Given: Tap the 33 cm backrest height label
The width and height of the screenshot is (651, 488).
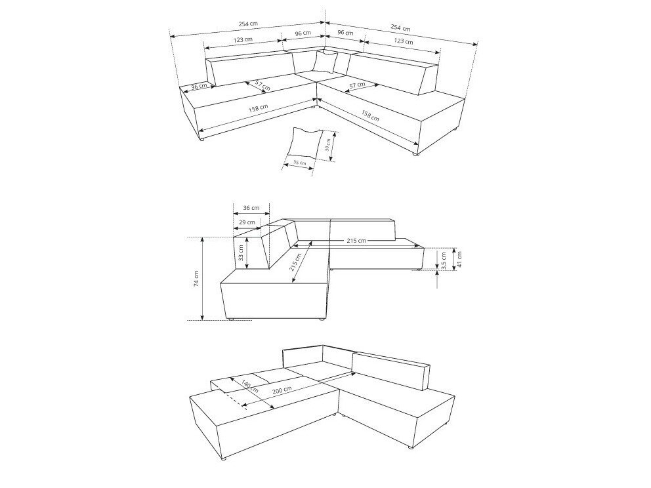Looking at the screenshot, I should pyautogui.click(x=241, y=253).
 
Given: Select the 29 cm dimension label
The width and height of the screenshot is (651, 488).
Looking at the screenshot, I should pyautogui.click(x=247, y=223).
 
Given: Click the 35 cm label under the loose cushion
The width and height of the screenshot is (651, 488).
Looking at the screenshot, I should pyautogui.click(x=299, y=163).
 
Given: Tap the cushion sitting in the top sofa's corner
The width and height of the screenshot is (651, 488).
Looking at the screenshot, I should pyautogui.click(x=325, y=63).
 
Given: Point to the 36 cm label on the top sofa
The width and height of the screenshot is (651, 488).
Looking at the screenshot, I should pyautogui.click(x=199, y=86).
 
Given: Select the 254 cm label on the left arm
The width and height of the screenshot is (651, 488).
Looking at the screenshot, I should pyautogui.click(x=248, y=24).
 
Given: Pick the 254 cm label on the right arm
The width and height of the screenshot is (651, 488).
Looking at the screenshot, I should pyautogui.click(x=400, y=28).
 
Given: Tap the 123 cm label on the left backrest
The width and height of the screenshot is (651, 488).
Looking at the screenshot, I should pyautogui.click(x=243, y=40).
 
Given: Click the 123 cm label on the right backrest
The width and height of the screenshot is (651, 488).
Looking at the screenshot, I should pyautogui.click(x=404, y=42).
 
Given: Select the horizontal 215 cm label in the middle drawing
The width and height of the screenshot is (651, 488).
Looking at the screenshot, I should pyautogui.click(x=357, y=241).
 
